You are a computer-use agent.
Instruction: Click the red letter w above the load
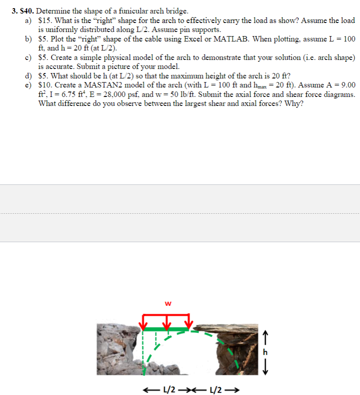tap(168, 303)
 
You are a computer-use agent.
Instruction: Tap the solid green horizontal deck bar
tap(166, 329)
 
